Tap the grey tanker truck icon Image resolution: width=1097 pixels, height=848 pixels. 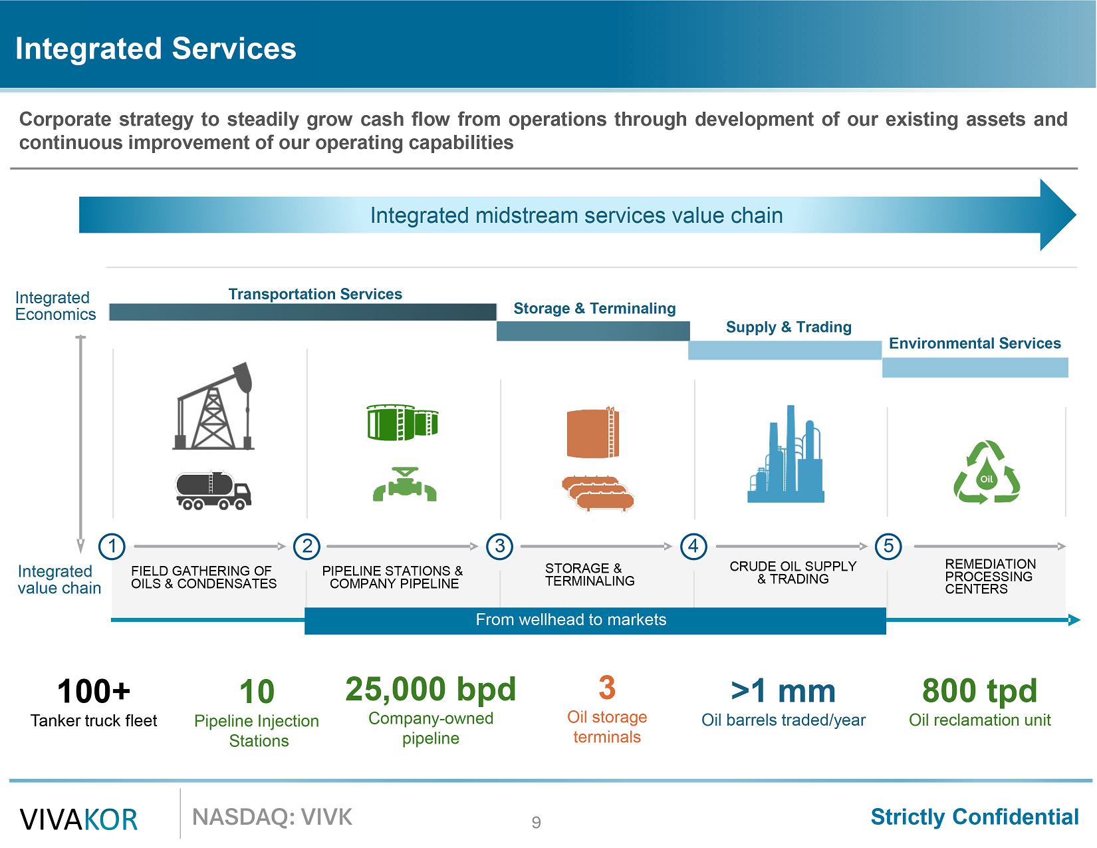(x=213, y=491)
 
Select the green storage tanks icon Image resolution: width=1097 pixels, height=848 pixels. (x=402, y=422)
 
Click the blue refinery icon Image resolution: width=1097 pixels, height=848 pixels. (x=787, y=455)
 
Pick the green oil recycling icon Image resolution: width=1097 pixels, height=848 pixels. (x=987, y=472)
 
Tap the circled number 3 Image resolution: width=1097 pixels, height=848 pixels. (x=499, y=547)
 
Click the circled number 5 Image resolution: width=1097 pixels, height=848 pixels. (x=888, y=547)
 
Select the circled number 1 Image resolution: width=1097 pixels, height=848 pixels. (x=112, y=547)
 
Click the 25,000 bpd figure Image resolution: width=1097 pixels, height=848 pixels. (x=430, y=690)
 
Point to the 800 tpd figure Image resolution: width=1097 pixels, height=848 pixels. (x=979, y=691)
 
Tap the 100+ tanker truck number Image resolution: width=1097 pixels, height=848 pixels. (x=94, y=692)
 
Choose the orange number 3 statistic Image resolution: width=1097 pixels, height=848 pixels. (x=606, y=688)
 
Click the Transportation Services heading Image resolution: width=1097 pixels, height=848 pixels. (x=315, y=294)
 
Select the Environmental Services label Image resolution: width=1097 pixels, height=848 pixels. (x=975, y=343)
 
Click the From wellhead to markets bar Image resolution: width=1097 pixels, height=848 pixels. (x=570, y=620)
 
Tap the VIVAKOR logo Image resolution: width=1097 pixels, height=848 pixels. (x=79, y=819)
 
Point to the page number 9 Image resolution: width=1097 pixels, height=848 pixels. (x=536, y=823)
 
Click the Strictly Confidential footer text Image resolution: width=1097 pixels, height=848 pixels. (x=975, y=817)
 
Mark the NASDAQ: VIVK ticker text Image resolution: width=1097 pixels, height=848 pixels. (x=272, y=817)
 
